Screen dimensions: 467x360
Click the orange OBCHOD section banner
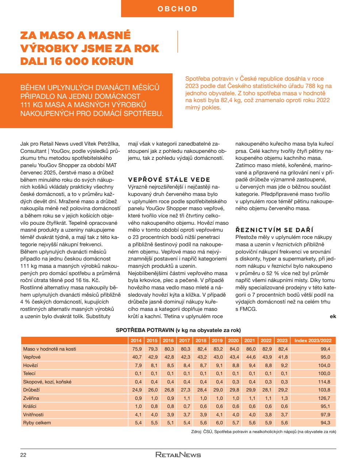(x=177, y=9)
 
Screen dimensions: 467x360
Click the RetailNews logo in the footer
(x=178, y=455)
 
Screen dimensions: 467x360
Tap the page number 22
(x=23, y=455)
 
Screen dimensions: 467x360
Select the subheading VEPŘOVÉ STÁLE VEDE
(x=169, y=180)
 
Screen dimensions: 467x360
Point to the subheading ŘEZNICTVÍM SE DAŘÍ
(x=274, y=230)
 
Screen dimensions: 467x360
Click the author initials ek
(x=333, y=316)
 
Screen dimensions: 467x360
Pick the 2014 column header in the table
(x=136, y=340)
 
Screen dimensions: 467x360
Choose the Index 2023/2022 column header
(x=313, y=340)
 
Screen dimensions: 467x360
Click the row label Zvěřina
(x=31, y=398)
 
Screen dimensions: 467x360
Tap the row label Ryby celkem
(x=37, y=423)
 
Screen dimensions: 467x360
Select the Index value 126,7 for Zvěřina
(x=324, y=398)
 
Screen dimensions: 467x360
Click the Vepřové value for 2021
(x=251, y=357)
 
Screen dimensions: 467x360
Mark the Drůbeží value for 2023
(x=283, y=390)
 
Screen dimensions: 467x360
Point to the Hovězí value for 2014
(x=138, y=365)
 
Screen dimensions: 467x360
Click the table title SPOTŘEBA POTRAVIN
(x=178, y=330)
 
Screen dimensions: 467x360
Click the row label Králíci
(x=30, y=406)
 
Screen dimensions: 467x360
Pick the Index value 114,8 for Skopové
(x=324, y=382)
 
